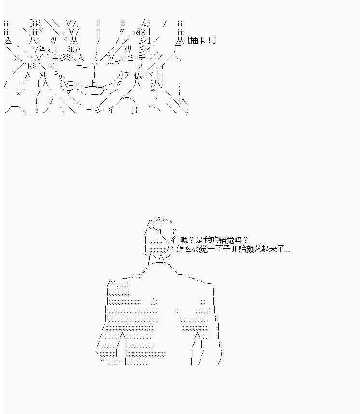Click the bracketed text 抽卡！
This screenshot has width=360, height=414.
(201, 40)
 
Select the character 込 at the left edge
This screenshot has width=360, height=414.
(8, 40)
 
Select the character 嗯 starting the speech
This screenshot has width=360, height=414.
(184, 240)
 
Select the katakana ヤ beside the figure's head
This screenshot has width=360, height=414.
(173, 231)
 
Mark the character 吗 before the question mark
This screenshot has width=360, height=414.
(240, 240)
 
